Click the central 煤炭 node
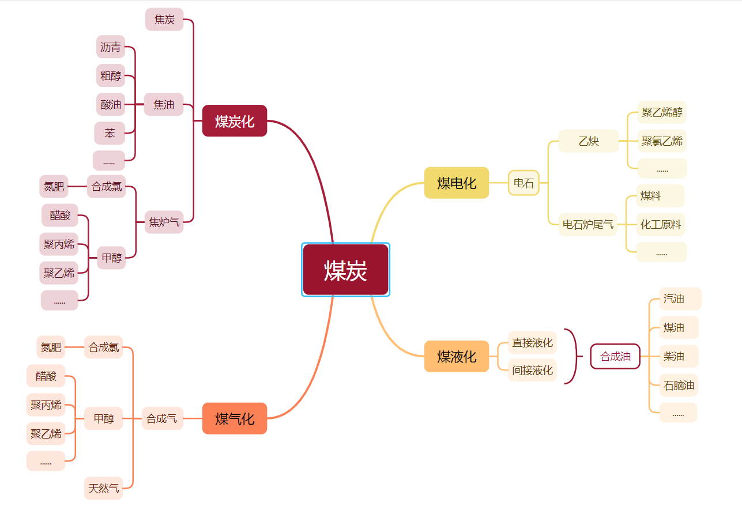[x=345, y=270]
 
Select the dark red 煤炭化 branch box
[x=235, y=121]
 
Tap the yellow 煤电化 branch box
[x=457, y=183]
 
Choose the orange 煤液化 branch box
[x=457, y=357]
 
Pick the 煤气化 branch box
[x=235, y=418]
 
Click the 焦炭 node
[x=164, y=20]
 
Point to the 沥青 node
[x=111, y=47]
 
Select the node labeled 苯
[x=110, y=134]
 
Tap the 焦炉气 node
[x=164, y=222]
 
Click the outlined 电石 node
[x=523, y=183]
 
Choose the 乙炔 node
[x=588, y=141]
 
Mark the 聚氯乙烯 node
[x=662, y=141]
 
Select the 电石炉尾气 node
[x=587, y=224]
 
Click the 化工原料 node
[x=661, y=225]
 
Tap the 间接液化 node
[x=532, y=370]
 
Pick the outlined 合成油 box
[x=615, y=357]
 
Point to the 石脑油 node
[x=679, y=385]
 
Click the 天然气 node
[x=104, y=489]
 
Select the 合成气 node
[x=162, y=418]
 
